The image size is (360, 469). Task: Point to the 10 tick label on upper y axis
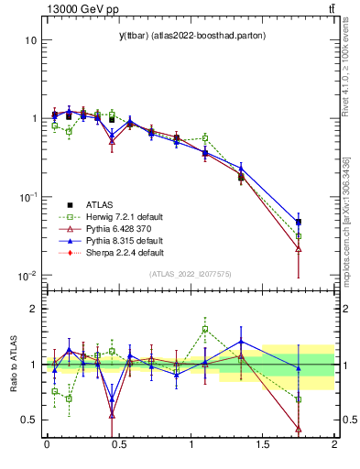pos(30,40)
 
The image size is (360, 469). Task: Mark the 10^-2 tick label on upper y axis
pos(27,276)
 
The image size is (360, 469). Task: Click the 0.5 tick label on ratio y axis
pos(27,420)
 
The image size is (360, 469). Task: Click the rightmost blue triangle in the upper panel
pos(299,221)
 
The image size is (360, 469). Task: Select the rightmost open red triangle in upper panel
pos(299,248)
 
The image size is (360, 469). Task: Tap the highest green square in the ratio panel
pos(205,329)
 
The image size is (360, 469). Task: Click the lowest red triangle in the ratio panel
pos(299,429)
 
